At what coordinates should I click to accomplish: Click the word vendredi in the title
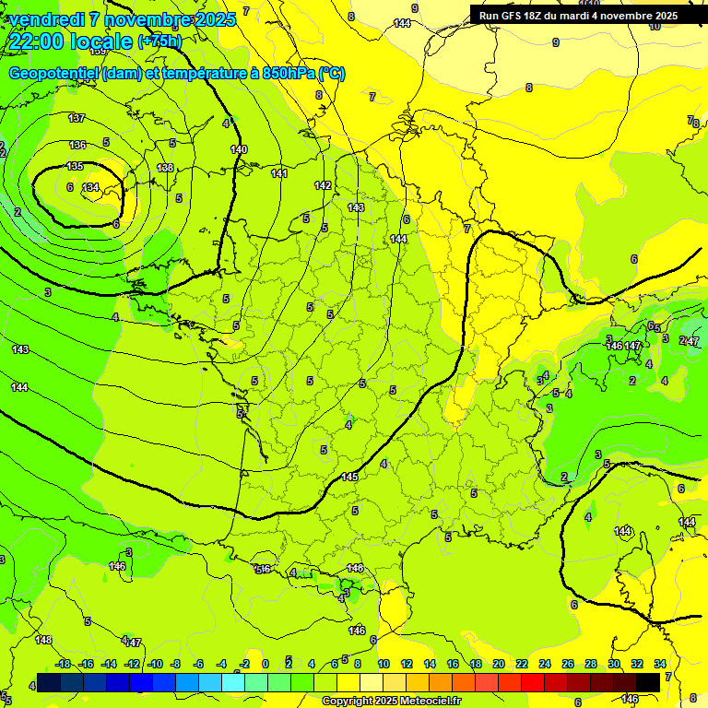click(45, 18)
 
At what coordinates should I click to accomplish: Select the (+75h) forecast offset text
click(159, 41)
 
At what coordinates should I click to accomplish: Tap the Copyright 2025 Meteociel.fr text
click(391, 701)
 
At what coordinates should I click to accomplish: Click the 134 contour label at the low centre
click(90, 187)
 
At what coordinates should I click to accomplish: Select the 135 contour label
click(75, 166)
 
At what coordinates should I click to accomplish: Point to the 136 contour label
click(77, 145)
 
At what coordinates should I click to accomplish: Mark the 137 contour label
click(77, 118)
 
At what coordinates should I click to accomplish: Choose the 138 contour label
click(165, 168)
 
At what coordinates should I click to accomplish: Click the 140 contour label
click(239, 149)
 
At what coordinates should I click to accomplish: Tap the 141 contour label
click(280, 173)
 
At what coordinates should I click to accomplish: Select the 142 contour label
click(323, 185)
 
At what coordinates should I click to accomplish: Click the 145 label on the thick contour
click(349, 477)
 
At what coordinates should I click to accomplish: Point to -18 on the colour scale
click(63, 664)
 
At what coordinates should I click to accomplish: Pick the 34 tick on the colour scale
click(660, 664)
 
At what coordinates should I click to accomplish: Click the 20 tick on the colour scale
click(498, 664)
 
